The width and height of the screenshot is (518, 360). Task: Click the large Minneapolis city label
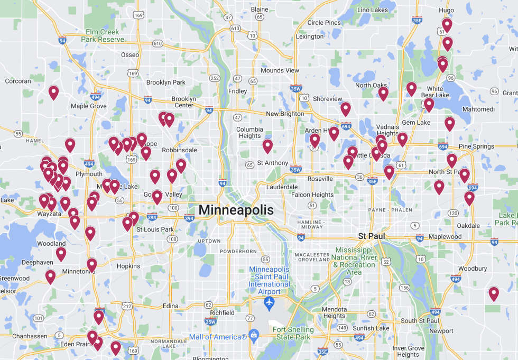236,210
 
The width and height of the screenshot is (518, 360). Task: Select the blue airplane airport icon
270,303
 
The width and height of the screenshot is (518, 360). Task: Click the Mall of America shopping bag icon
254,335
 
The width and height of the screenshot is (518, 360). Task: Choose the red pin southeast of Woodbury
494,293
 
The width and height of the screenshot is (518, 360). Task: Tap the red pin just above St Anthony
267,146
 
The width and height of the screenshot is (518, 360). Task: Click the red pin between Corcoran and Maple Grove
53,93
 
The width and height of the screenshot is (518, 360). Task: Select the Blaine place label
260,10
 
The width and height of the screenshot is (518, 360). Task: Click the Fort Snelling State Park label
293,333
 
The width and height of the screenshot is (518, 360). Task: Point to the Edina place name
171,306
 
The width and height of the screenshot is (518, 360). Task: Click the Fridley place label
237,91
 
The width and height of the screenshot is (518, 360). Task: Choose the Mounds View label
280,70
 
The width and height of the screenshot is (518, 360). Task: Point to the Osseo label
129,55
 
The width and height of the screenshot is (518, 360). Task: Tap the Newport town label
441,331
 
